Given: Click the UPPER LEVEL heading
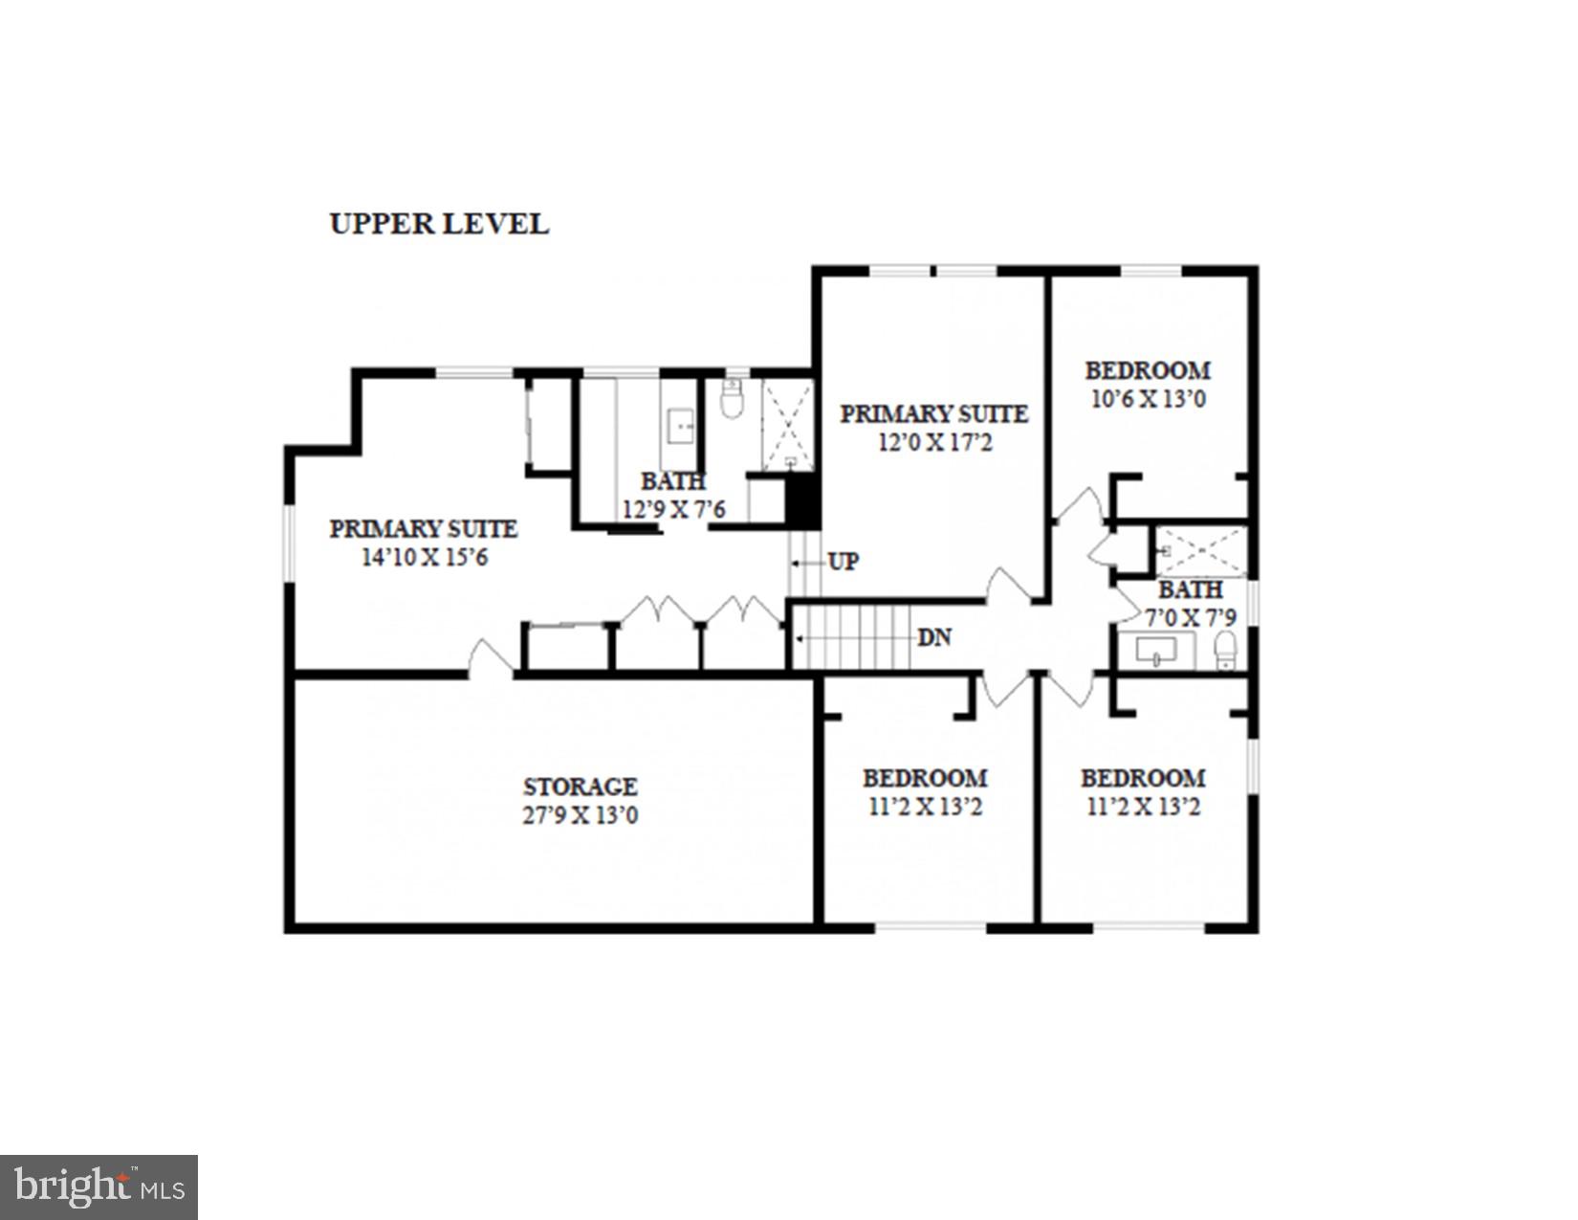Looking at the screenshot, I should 439,224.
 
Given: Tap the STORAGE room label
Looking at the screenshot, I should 580,787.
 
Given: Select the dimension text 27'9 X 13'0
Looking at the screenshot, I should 580,816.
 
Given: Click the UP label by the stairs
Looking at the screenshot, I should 843,562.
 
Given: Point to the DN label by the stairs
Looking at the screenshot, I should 933,637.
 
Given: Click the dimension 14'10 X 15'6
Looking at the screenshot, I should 424,557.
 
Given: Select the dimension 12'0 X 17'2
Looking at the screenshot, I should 934,443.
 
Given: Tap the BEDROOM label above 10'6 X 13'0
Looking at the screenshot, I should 1148,370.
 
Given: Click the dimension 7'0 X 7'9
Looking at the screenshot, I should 1190,618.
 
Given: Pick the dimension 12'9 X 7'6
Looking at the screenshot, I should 673,509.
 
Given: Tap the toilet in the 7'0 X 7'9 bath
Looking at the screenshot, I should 1225,651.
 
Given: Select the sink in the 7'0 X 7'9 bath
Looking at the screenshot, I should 1157,652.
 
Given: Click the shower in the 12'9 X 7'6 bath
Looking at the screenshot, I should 788,424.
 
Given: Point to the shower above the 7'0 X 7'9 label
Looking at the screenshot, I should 1201,551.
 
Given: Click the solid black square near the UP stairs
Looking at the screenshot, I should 801,501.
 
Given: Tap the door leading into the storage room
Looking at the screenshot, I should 491,658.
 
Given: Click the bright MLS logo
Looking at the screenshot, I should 99,1187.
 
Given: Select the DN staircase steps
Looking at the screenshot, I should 856,637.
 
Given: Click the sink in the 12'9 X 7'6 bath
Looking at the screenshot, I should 680,424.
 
